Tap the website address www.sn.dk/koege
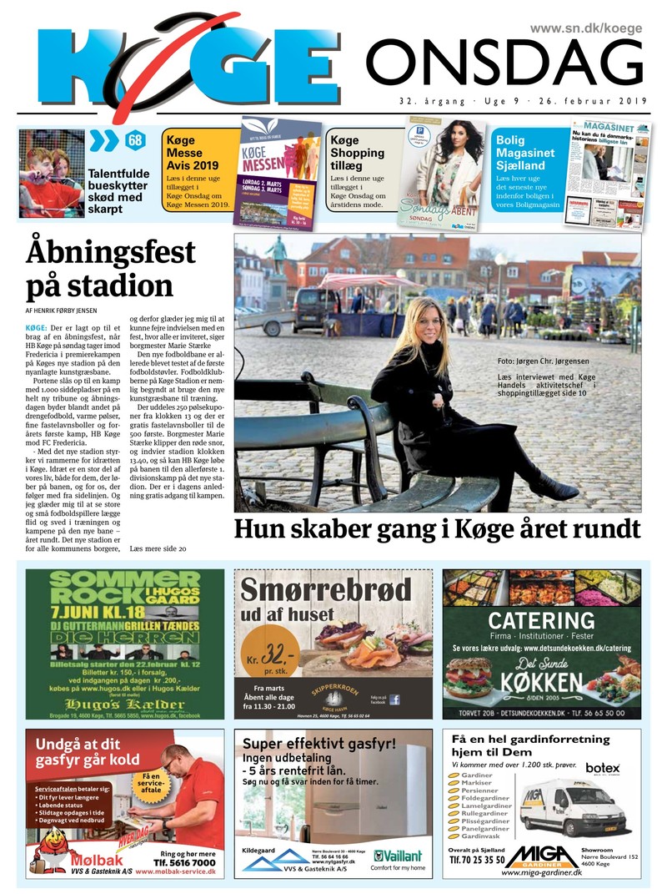[x=586, y=28]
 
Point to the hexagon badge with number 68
[x=134, y=140]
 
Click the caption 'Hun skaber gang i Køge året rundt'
[x=437, y=529]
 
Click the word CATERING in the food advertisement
[x=541, y=620]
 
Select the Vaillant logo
[x=398, y=856]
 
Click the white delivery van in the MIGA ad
[x=560, y=807]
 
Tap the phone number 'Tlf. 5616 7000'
[x=180, y=863]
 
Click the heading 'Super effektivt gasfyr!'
[x=318, y=744]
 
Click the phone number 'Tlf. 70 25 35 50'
[x=477, y=859]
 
